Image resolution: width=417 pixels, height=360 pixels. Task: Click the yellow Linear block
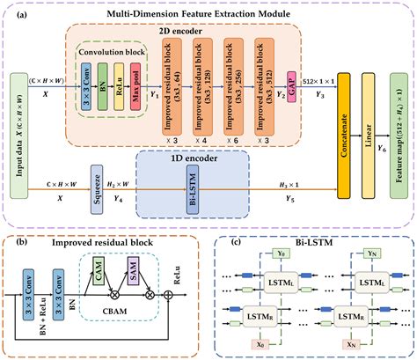pos(368,131)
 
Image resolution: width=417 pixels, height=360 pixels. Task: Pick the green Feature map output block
pos(399,131)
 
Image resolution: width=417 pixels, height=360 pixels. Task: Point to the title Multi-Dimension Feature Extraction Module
pos(209,15)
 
